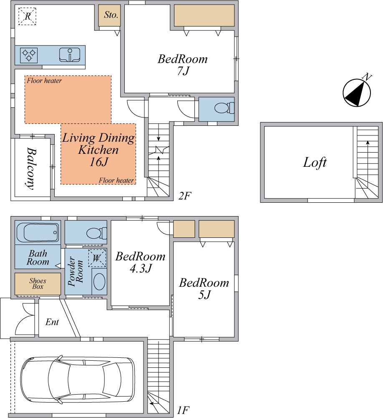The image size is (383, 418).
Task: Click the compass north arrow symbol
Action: (x=357, y=92)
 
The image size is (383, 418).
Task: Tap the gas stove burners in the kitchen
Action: (x=29, y=55)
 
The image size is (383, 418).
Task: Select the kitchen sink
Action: (x=70, y=55)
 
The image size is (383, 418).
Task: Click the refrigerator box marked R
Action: (x=28, y=16)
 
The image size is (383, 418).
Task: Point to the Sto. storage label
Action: (x=111, y=15)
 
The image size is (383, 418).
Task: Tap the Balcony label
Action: (x=31, y=168)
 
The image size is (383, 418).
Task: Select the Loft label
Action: (x=315, y=162)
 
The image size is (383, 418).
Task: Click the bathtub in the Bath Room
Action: (x=38, y=233)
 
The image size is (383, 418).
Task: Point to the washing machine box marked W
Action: (x=97, y=258)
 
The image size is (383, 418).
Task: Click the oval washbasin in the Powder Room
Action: (x=99, y=281)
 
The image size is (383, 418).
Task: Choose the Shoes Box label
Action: (x=38, y=284)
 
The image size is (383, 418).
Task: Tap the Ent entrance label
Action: (x=52, y=322)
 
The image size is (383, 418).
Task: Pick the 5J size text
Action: (x=204, y=295)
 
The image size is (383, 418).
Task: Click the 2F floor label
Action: (x=185, y=196)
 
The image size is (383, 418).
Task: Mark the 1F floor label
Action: (x=183, y=410)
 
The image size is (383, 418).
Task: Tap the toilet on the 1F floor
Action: (x=97, y=233)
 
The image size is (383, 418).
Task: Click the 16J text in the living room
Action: (x=98, y=162)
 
